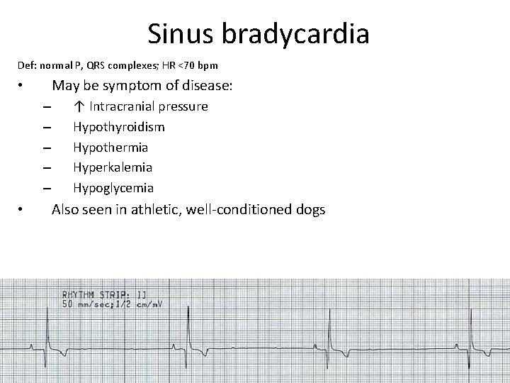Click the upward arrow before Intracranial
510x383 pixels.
(78, 106)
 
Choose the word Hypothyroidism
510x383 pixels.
(118, 127)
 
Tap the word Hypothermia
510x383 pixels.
(110, 148)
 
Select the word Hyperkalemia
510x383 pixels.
(113, 167)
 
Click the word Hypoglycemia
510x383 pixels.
(113, 188)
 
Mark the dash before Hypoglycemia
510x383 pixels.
(47, 189)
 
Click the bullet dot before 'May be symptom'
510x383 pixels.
(22, 87)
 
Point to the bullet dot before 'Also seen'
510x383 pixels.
(22, 211)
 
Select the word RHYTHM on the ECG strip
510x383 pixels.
(81, 294)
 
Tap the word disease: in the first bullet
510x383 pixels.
(207, 86)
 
